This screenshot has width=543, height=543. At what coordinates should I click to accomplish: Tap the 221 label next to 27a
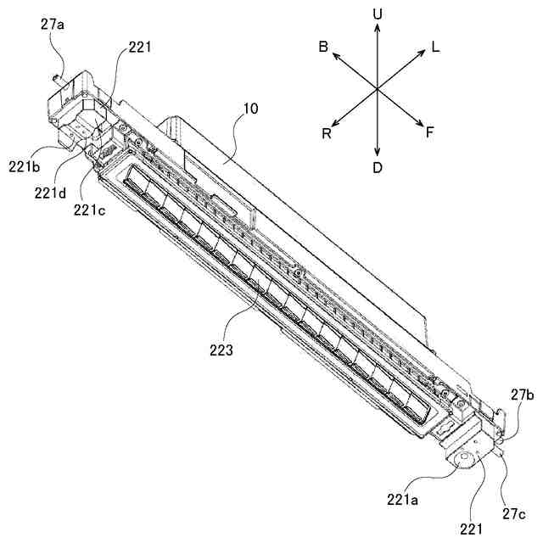click(x=140, y=48)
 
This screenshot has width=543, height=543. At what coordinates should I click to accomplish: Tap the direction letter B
click(x=324, y=48)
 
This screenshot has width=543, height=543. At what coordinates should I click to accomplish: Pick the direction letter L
click(x=435, y=48)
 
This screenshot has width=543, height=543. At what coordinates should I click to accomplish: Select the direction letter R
click(x=327, y=133)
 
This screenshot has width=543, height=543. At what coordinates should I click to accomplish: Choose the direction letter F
click(x=430, y=133)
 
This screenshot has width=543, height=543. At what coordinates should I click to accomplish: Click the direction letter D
click(x=378, y=167)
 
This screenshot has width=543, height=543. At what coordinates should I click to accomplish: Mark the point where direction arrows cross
click(x=378, y=89)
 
